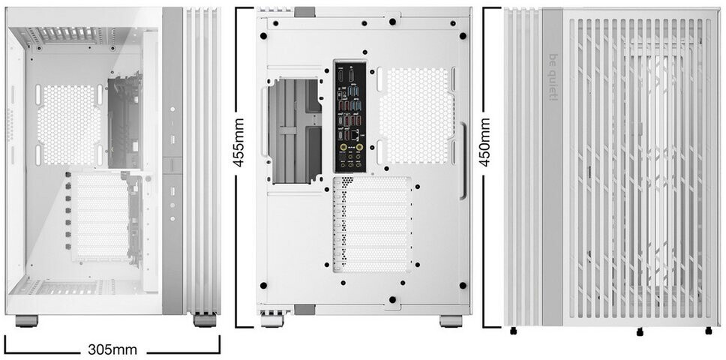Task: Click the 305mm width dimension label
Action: [x=112, y=349]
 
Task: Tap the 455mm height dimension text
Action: [x=239, y=142]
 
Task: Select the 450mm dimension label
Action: [x=484, y=142]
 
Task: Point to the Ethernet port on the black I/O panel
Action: [x=355, y=135]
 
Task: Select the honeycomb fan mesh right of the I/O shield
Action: [x=415, y=115]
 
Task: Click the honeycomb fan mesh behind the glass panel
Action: [x=68, y=125]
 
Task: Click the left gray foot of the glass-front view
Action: [x=26, y=321]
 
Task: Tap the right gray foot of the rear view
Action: [x=451, y=321]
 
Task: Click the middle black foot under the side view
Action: [x=640, y=331]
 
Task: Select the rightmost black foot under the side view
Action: [x=709, y=331]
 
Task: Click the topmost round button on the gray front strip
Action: [x=172, y=109]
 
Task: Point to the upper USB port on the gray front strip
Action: [x=172, y=139]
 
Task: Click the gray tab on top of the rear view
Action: [x=304, y=12]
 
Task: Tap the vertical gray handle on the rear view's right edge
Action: [x=463, y=160]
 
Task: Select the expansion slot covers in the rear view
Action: [x=372, y=224]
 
